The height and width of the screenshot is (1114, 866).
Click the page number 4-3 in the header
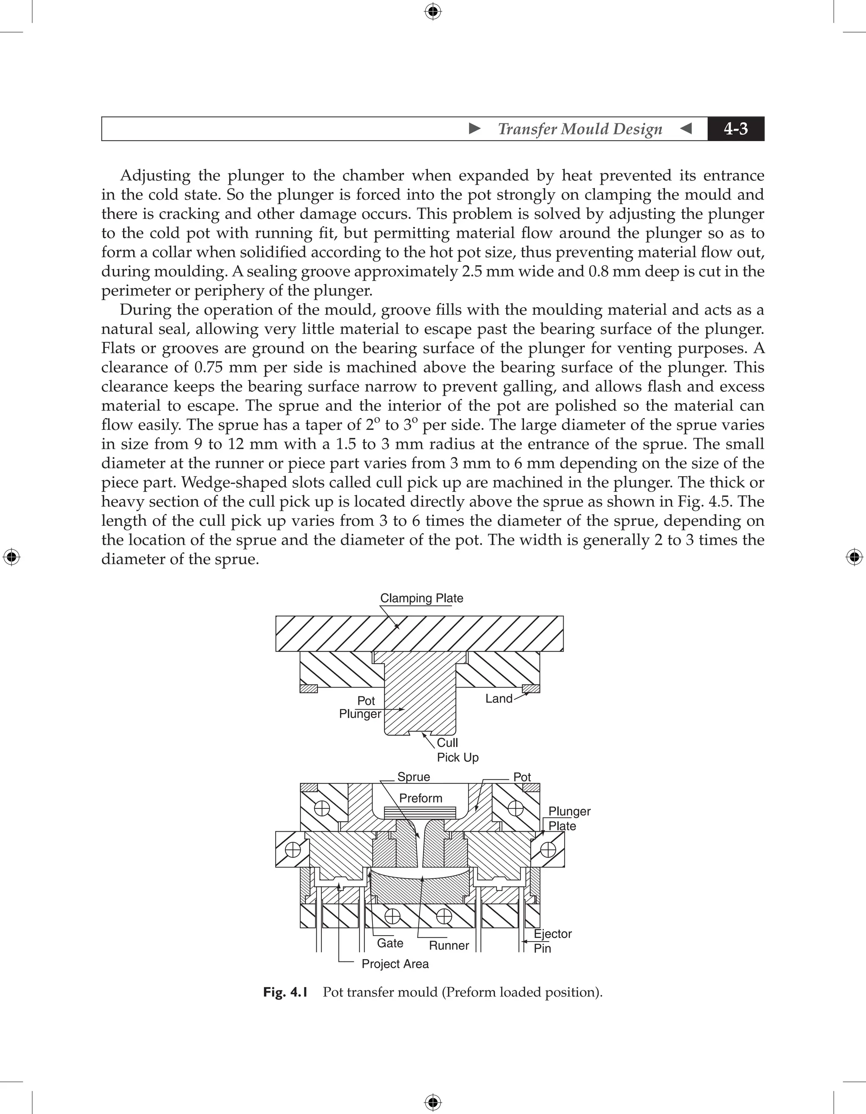point(735,129)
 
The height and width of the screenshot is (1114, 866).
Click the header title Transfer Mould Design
point(580,129)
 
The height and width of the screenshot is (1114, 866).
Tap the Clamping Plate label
point(422,598)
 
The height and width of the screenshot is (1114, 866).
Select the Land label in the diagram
point(499,699)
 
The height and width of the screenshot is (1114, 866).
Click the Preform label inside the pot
point(420,798)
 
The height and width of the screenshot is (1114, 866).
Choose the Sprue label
point(414,777)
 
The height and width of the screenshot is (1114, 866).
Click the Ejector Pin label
point(552,941)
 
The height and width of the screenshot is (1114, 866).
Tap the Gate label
point(390,944)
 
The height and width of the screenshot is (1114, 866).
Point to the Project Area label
point(395,964)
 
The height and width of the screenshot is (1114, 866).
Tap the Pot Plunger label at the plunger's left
point(361,707)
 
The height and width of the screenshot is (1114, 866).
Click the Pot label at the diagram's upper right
point(522,777)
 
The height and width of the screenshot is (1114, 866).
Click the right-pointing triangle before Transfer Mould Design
point(474,128)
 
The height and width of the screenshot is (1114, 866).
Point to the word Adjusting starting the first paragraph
point(155,175)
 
